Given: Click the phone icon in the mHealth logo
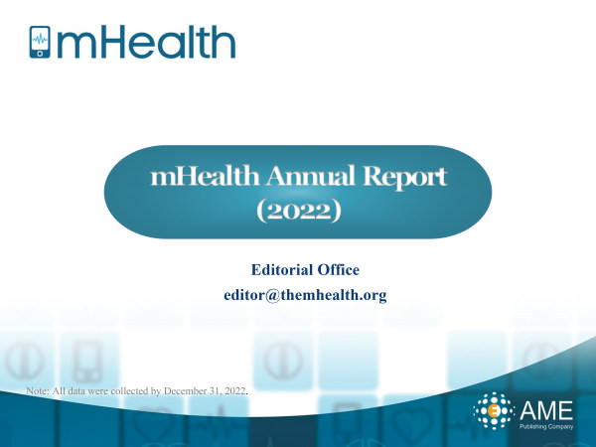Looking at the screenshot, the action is click(40, 42).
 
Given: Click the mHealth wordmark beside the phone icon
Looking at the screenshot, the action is click(146, 42).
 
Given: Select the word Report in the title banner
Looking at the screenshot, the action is click(404, 177).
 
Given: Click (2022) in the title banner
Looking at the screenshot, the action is click(298, 211).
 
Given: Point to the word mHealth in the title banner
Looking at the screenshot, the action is click(205, 176).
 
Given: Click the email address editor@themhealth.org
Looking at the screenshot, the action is click(305, 295).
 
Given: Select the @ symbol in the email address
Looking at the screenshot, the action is click(272, 295).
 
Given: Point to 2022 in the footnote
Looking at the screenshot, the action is click(234, 390).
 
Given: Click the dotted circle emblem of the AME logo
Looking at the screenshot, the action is click(494, 411).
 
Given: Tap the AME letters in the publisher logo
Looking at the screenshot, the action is click(545, 409).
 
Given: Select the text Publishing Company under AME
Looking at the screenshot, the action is click(546, 426).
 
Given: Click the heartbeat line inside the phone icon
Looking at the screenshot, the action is click(40, 39).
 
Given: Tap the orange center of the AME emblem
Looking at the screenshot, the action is click(494, 411).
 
